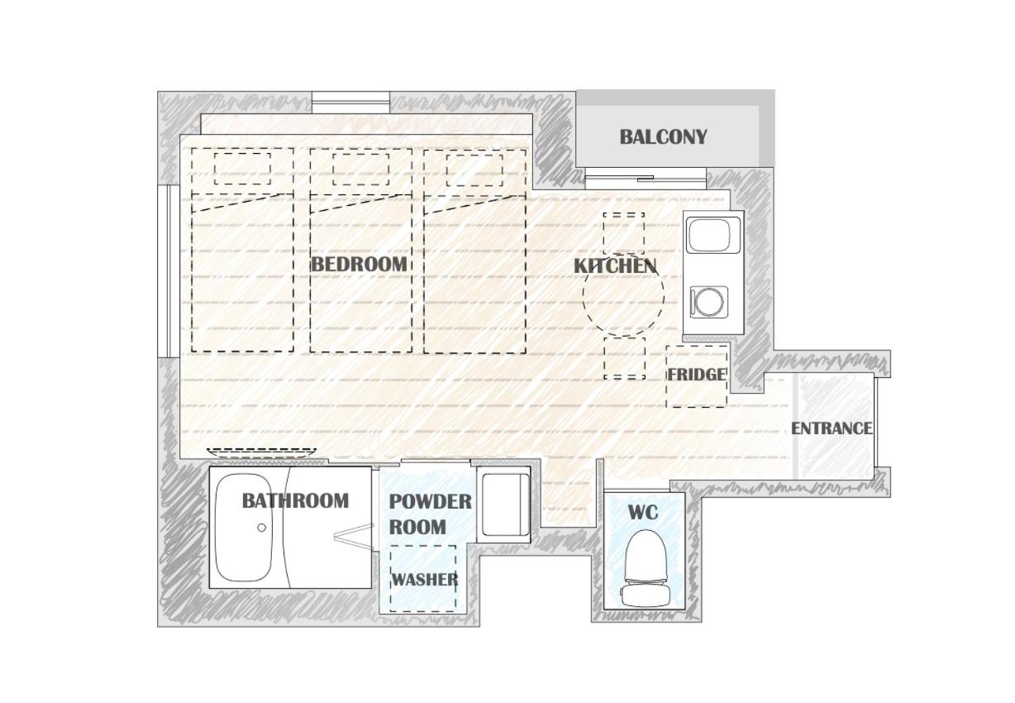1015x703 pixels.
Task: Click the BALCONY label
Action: [663, 137]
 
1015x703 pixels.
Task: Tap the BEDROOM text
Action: [359, 265]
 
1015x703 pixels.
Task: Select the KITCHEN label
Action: [615, 266]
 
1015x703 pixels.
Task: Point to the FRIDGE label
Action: [698, 375]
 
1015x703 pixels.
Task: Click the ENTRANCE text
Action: [832, 428]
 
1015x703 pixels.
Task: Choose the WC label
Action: [643, 513]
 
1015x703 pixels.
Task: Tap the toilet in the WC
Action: [646, 568]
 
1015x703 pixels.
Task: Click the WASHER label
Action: [425, 579]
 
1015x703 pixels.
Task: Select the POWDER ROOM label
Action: [430, 514]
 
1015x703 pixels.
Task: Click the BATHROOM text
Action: [295, 501]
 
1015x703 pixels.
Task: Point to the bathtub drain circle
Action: [261, 528]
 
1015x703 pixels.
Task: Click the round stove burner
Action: [709, 302]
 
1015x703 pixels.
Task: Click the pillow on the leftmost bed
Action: [242, 169]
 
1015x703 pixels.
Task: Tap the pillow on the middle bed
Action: [360, 170]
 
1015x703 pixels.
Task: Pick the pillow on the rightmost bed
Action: [474, 170]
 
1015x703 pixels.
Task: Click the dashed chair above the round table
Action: [623, 233]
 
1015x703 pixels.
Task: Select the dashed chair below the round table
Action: [624, 358]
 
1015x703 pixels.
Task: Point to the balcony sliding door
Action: [646, 179]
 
